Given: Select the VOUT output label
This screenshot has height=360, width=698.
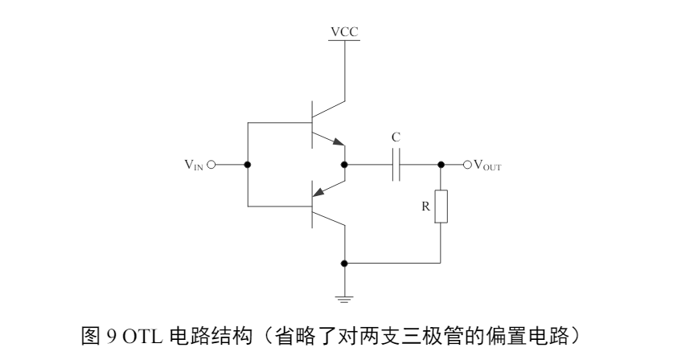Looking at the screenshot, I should (489, 166).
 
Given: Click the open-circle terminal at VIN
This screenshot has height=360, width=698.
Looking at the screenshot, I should (212, 165).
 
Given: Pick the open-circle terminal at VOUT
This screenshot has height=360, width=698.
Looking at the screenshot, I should (466, 165).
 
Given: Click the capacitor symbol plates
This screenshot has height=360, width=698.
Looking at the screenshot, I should (396, 165).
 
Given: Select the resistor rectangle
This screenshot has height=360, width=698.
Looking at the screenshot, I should (441, 206).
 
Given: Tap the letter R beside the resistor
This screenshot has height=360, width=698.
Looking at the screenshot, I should (426, 206).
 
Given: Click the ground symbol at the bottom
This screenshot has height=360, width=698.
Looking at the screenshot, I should (344, 297).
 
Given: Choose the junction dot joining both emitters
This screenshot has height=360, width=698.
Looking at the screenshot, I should (344, 165).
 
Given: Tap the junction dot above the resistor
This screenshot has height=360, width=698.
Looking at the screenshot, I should (441, 165).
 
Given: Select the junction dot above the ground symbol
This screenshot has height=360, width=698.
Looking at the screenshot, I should (344, 263).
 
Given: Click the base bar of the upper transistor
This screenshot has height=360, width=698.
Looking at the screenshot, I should (312, 122).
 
